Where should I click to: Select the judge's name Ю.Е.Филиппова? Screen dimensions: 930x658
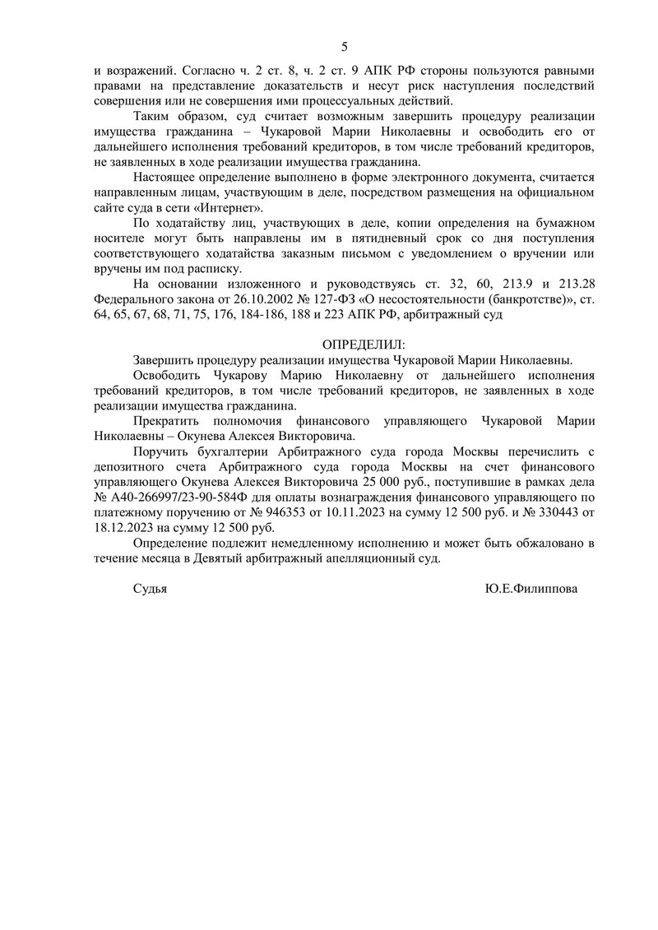point(532,589)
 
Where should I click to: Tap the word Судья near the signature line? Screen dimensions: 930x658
point(150,589)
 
